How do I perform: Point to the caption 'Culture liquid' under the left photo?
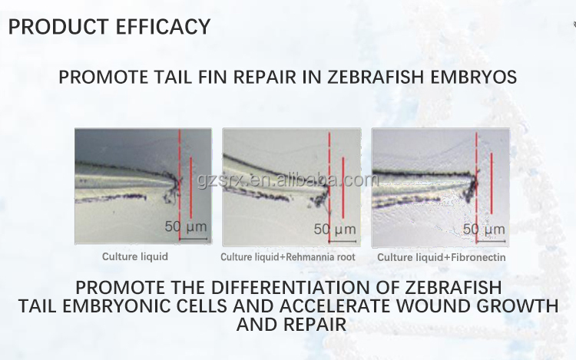pos(135,257)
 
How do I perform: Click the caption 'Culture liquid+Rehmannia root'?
pos(288,257)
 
